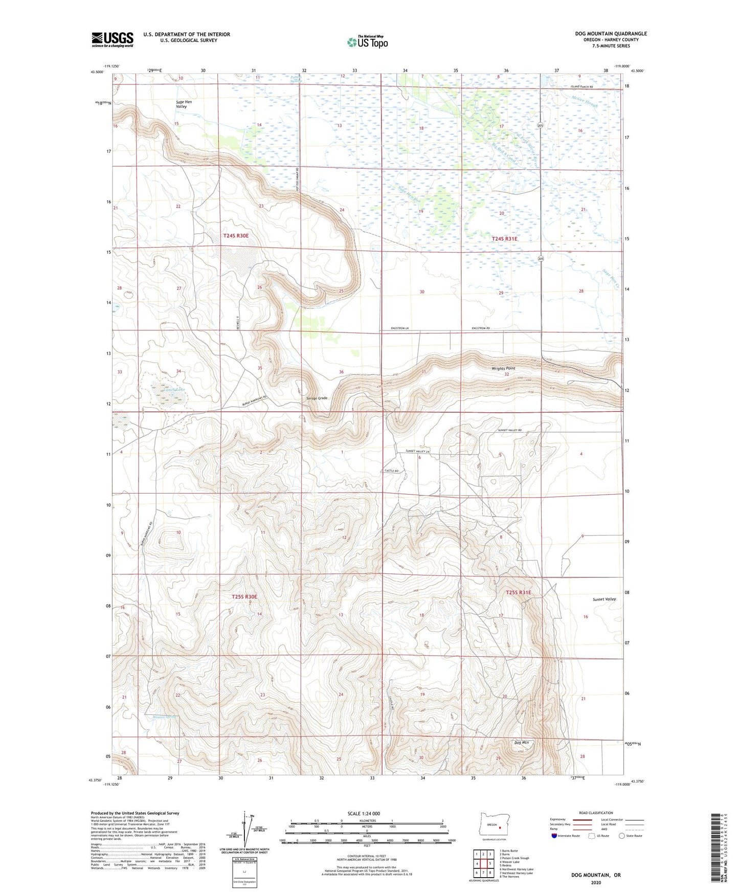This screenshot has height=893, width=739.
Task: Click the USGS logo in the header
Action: point(113,39)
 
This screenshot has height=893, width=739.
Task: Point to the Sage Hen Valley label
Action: point(182,104)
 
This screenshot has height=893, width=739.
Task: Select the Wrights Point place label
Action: point(504,368)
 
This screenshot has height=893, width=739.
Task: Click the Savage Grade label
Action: point(317,398)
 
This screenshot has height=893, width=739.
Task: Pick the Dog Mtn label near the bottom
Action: point(521,742)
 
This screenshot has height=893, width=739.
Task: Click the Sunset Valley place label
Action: point(604,599)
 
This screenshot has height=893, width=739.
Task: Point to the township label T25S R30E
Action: point(244,596)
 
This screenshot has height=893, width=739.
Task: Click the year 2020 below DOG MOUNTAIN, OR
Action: point(595,882)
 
